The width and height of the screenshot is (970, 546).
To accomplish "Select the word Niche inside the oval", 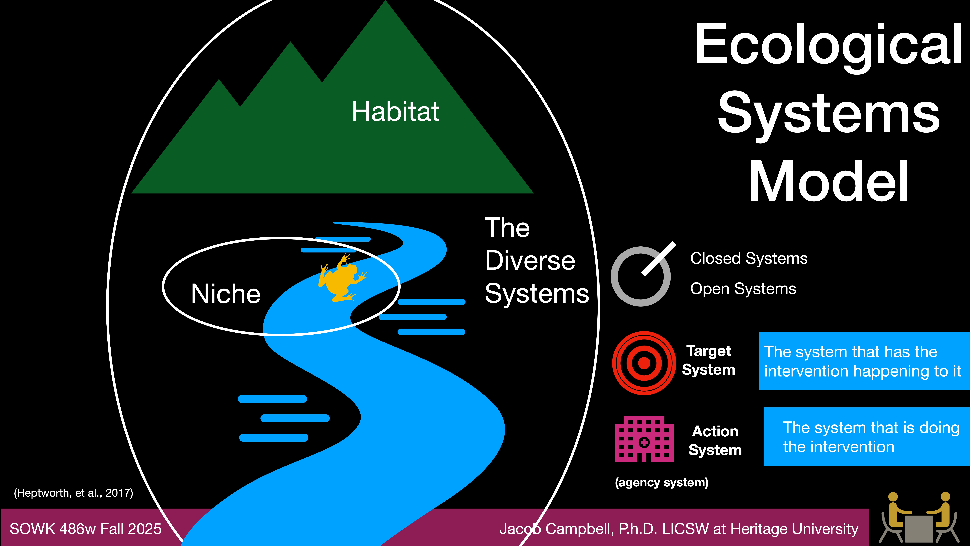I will click(225, 294).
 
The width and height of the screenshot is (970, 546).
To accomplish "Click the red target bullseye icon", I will click(644, 363).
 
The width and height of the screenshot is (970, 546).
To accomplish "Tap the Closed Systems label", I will click(749, 258).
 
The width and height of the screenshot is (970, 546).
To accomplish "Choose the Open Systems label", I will click(743, 289).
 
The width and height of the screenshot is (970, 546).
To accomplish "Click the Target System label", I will click(708, 360).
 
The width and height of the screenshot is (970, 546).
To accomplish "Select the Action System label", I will click(715, 440).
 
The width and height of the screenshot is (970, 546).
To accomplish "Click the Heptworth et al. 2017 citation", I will click(73, 493).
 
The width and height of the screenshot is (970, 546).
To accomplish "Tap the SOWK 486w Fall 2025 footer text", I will click(85, 529).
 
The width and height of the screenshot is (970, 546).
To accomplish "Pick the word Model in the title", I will click(828, 182).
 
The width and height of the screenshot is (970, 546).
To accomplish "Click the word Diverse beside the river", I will click(530, 261).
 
